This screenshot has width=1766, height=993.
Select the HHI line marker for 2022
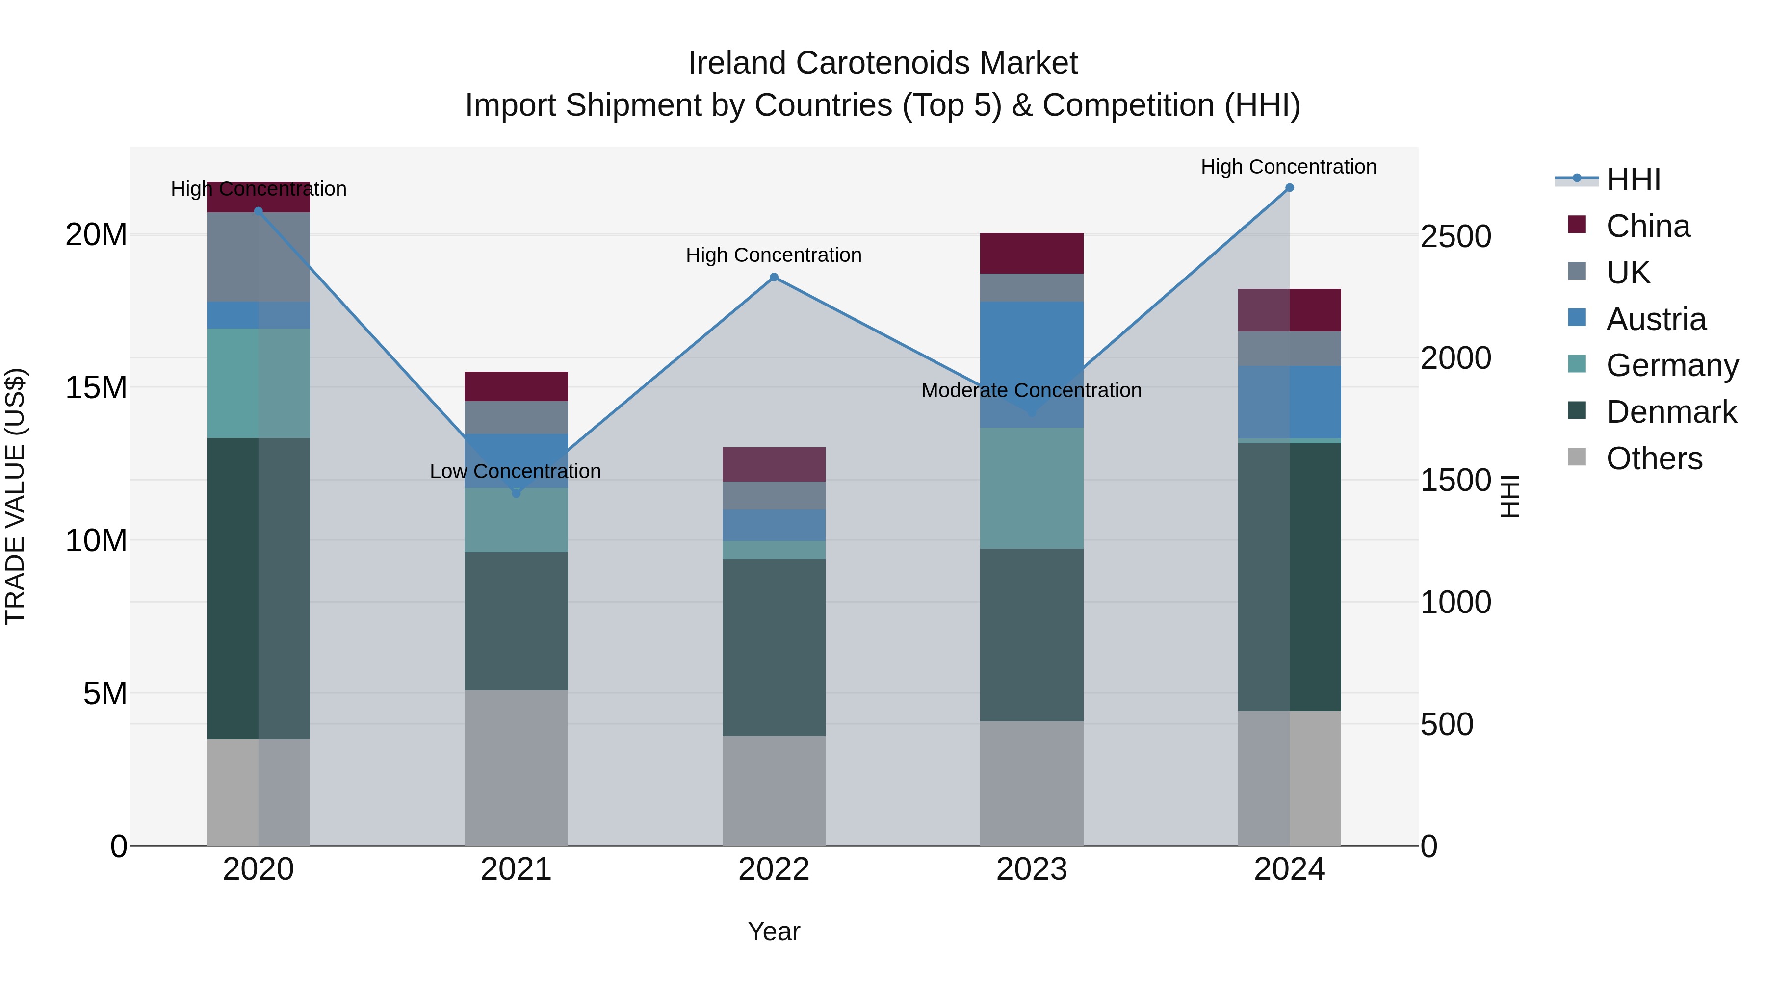pyautogui.click(x=774, y=278)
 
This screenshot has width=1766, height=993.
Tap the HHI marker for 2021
pyautogui.click(x=516, y=493)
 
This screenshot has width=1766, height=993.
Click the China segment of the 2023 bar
pyautogui.click(x=1031, y=254)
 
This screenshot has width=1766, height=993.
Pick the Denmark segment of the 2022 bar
pyautogui.click(x=774, y=648)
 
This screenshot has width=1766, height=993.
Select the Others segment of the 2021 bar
pyautogui.click(x=516, y=767)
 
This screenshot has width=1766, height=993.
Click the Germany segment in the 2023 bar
pyautogui.click(x=1031, y=488)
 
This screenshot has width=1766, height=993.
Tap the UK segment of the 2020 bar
pyautogui.click(x=259, y=257)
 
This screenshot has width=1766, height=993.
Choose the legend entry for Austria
pyautogui.click(x=1655, y=319)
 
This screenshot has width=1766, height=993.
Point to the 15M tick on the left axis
pyautogui.click(x=96, y=388)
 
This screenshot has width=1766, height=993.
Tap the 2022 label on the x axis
pyautogui.click(x=774, y=869)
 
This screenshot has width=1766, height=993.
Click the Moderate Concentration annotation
pyautogui.click(x=1031, y=391)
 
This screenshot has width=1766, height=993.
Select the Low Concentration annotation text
pyautogui.click(x=516, y=471)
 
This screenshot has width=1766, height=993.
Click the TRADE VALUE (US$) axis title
pyautogui.click(x=15, y=496)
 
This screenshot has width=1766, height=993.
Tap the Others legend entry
pyautogui.click(x=1654, y=458)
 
